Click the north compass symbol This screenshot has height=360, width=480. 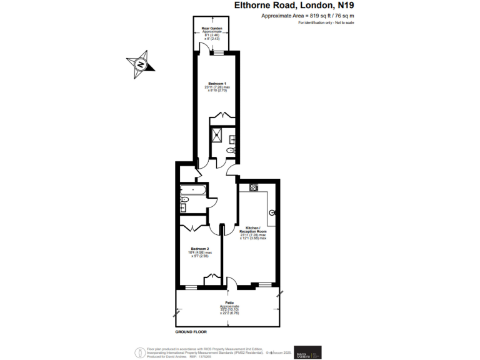pos(141,65)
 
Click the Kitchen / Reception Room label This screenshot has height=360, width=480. pos(253,229)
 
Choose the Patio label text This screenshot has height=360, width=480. pos(229,303)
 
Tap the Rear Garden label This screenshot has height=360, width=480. pos(212,27)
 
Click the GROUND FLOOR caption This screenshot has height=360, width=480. pos(191,332)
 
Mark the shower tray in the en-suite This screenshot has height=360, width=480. pos(219,136)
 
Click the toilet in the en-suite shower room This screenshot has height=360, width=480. pos(231,151)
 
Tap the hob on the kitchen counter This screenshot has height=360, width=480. pos(254,187)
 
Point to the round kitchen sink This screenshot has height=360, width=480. pos(272,213)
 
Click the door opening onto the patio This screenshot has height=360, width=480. pos(232,284)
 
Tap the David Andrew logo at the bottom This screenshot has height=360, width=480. pos(308,352)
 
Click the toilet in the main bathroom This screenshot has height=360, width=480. pos(184,200)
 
